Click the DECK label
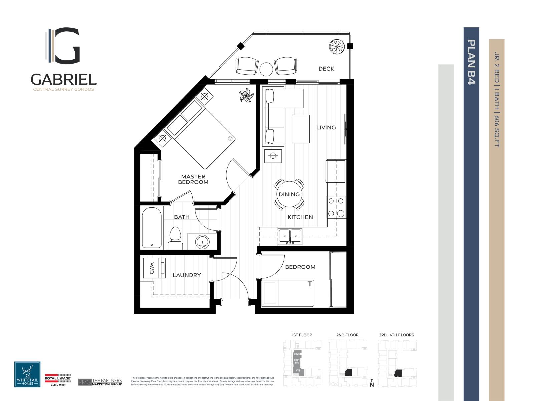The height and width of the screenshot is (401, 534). (x=326, y=69)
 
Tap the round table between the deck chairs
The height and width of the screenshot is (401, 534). (x=266, y=69)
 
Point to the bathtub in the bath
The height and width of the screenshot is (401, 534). (x=152, y=227)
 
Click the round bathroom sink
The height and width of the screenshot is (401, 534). (x=202, y=242)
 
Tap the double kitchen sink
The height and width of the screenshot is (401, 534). (x=289, y=237)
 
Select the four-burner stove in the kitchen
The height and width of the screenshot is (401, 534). (x=336, y=207)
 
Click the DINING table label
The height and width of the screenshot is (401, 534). (x=289, y=194)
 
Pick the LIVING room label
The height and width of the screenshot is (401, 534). (x=326, y=127)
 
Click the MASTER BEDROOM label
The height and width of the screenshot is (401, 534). (x=193, y=179)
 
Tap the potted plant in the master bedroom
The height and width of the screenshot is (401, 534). (x=246, y=95)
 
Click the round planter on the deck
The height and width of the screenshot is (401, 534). (x=336, y=46)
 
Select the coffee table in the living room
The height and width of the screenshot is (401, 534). (x=300, y=129)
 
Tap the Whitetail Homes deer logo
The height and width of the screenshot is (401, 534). (x=27, y=374)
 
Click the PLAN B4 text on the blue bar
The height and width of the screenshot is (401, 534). (x=471, y=62)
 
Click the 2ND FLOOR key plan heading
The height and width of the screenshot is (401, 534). (x=347, y=335)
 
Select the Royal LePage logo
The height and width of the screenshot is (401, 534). (x=58, y=379)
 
